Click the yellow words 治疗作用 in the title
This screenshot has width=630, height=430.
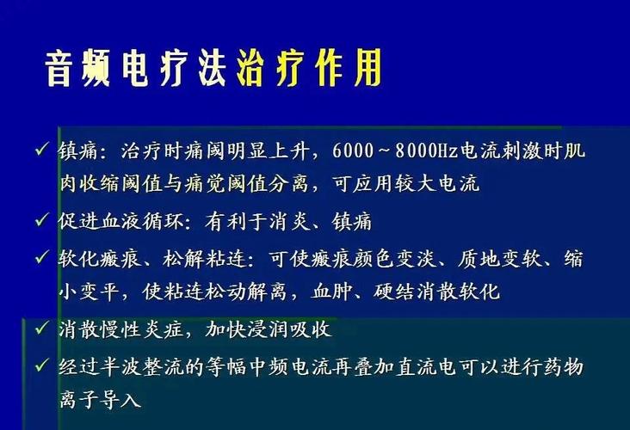(309, 69)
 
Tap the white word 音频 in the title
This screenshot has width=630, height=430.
(77, 69)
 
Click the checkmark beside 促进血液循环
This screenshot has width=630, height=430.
(42, 220)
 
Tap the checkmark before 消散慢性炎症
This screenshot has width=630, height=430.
(42, 328)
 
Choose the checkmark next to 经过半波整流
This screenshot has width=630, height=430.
(42, 365)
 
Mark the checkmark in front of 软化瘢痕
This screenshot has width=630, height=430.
(42, 257)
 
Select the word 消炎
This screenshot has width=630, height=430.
(290, 221)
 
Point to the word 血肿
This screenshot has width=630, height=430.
(332, 291)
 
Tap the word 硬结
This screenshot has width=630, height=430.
(394, 291)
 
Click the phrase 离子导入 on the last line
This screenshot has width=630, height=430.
(100, 399)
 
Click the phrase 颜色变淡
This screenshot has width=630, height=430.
(395, 258)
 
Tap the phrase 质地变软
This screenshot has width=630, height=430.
(499, 258)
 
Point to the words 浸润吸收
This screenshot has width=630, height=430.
(291, 329)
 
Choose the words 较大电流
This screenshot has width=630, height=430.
(437, 183)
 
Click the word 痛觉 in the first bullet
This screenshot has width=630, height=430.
(206, 183)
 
